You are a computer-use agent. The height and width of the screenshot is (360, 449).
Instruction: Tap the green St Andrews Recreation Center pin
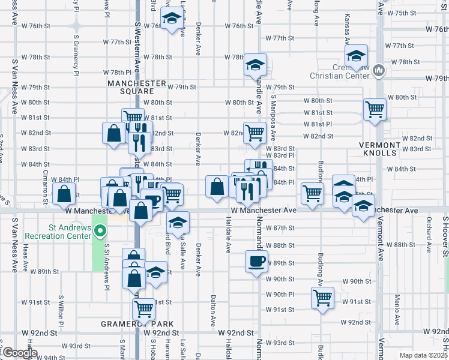point(100,230)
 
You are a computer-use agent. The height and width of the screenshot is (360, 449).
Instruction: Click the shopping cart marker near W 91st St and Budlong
point(322,297)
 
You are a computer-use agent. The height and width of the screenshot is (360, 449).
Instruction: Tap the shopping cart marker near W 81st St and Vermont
point(375,109)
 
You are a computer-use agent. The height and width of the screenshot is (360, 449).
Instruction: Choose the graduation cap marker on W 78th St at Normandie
point(255,64)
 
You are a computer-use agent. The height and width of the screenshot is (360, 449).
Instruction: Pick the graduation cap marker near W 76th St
point(172,19)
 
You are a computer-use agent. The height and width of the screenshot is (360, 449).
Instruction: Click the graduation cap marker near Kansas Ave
point(356,57)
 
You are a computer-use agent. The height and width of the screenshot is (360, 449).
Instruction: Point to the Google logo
point(20,353)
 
